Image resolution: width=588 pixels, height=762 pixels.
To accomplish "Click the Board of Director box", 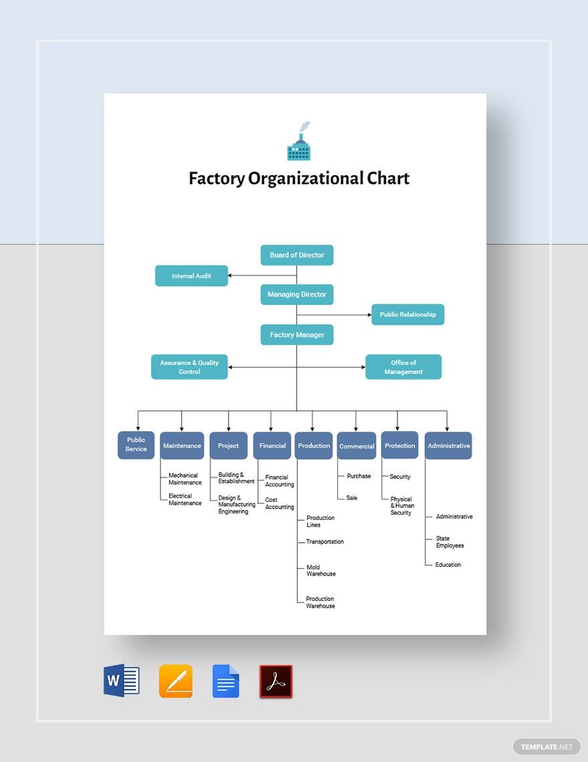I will click(x=297, y=255).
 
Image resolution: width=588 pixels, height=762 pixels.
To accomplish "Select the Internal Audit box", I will click(x=192, y=276).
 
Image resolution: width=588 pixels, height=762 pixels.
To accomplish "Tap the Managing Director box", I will click(x=297, y=295).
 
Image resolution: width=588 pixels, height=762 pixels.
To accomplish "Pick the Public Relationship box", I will click(x=408, y=315).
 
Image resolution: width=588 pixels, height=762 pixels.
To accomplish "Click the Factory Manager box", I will click(x=297, y=335).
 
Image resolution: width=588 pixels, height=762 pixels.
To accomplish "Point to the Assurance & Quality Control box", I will click(x=189, y=367).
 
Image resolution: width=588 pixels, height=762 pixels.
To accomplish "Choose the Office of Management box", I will click(x=404, y=367).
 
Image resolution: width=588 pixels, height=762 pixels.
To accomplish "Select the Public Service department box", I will click(x=136, y=444).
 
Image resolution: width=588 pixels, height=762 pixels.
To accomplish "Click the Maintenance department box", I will click(x=182, y=446).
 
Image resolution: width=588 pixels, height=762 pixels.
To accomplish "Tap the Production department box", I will click(x=313, y=446).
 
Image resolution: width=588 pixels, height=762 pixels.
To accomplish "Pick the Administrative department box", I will click(x=448, y=446).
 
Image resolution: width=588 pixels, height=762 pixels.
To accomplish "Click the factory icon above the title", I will click(x=299, y=142).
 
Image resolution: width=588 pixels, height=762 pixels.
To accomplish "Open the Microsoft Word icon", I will click(x=122, y=681).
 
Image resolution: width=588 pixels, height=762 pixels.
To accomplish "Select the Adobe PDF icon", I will click(x=276, y=681).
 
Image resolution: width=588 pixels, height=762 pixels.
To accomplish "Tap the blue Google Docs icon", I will click(x=226, y=681).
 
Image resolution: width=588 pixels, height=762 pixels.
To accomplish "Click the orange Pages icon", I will click(x=176, y=681).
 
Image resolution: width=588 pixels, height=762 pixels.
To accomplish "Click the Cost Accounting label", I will click(x=279, y=503).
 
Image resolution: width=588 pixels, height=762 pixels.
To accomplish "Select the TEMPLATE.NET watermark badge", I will click(x=547, y=747).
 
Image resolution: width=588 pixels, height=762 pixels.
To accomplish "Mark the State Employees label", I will click(x=450, y=542).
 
